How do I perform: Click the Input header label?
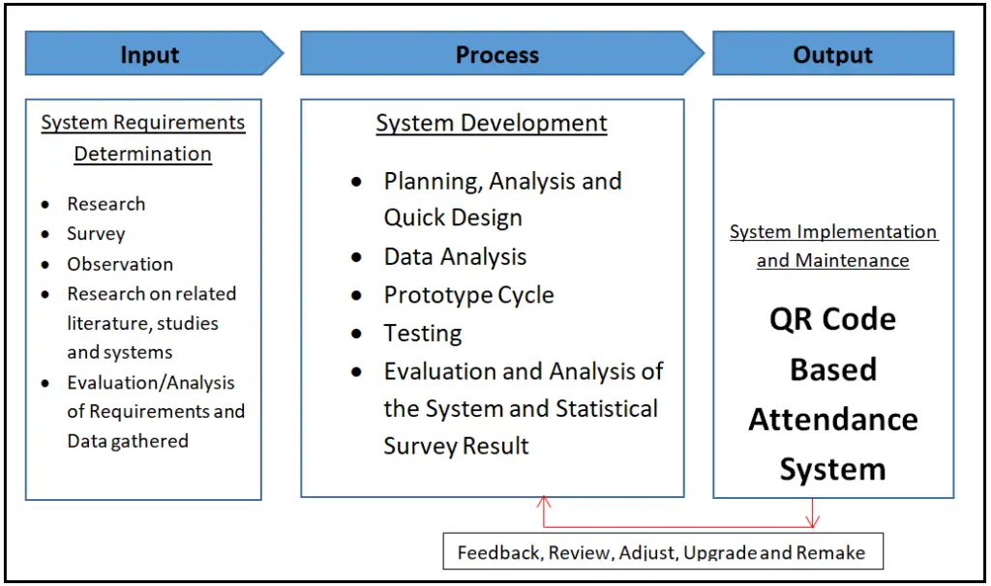click(150, 55)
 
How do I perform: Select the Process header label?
click(496, 55)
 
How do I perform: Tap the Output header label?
click(832, 55)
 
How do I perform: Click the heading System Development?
click(492, 124)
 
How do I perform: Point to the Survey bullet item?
click(96, 234)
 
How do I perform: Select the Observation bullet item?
click(120, 264)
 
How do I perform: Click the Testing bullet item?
click(423, 334)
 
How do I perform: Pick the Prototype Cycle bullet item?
click(468, 295)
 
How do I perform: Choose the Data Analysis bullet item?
click(455, 257)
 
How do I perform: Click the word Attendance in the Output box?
click(832, 420)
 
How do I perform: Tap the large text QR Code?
click(832, 320)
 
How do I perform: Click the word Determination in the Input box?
click(142, 154)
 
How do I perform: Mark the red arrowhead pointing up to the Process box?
click(544, 502)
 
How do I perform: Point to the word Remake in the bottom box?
click(829, 553)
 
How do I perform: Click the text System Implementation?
click(832, 232)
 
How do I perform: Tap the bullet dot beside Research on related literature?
click(46, 294)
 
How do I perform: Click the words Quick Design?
click(453, 219)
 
